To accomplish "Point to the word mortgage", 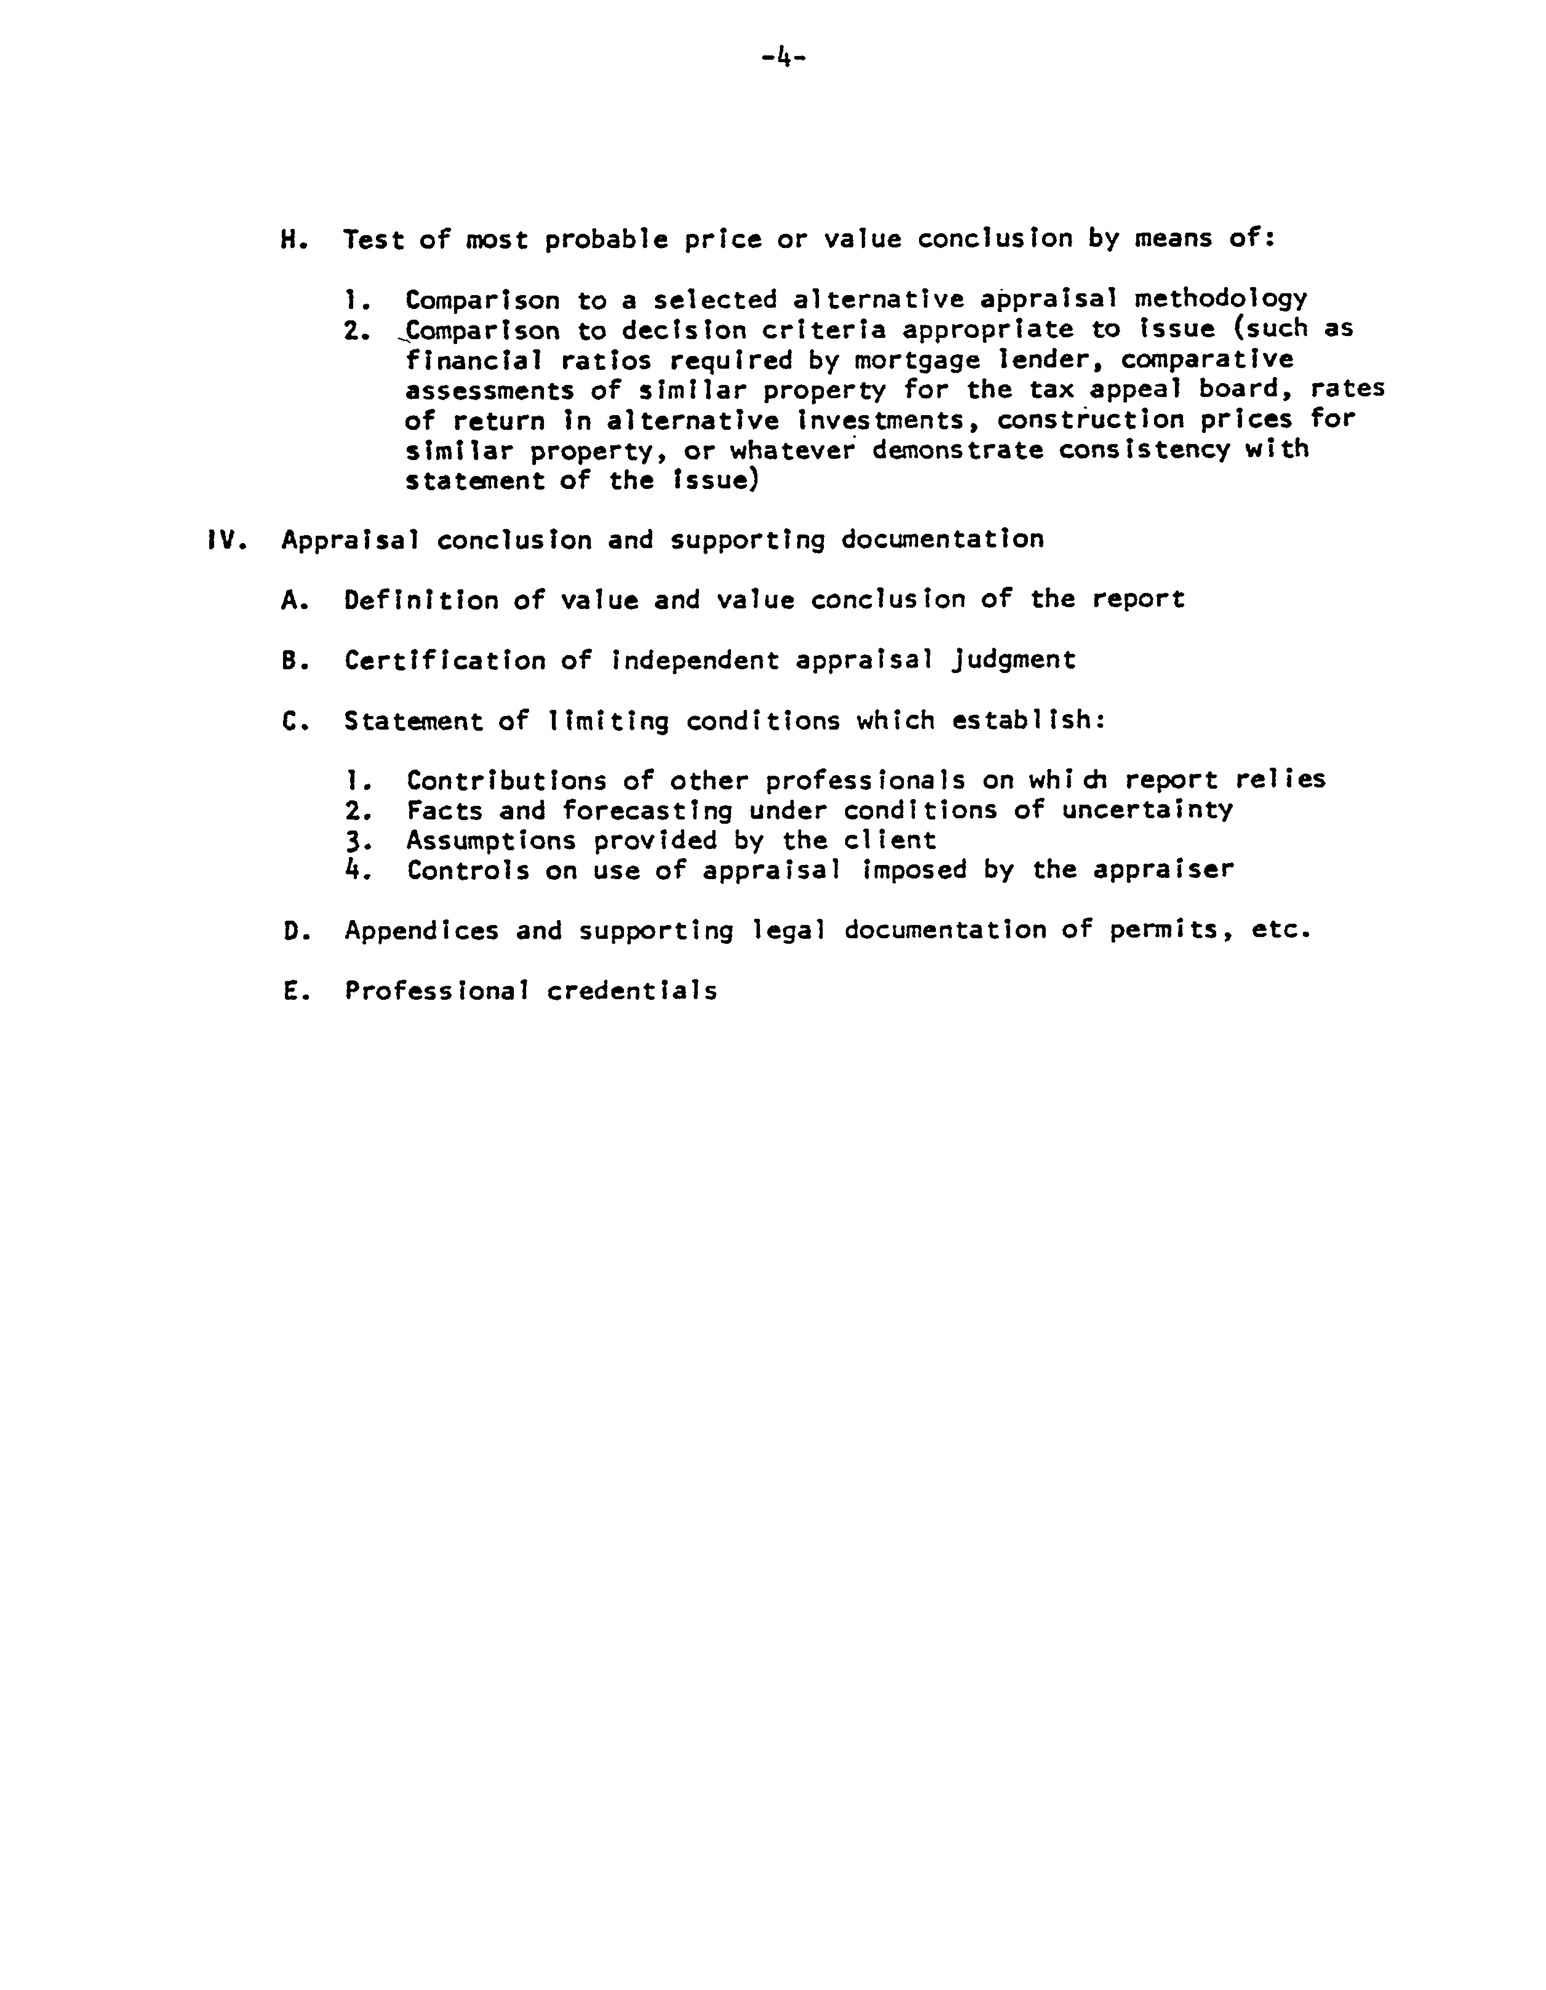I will coord(917,360).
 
